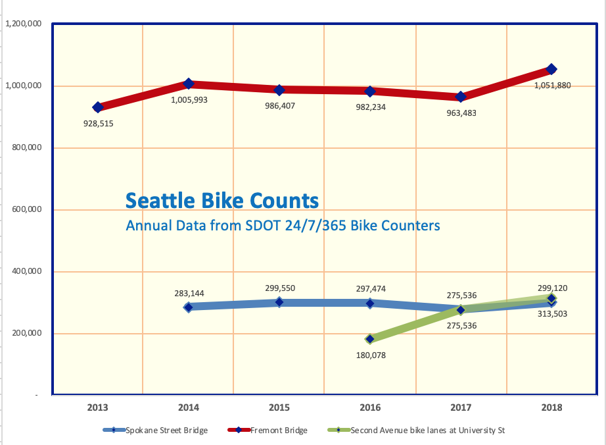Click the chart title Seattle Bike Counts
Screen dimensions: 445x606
[222, 200]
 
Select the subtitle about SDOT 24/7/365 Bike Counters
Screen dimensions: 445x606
[283, 226]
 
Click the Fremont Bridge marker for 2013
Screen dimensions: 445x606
[98, 107]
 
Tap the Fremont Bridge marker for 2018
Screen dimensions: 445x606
[551, 69]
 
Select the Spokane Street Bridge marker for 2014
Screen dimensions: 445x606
[189, 307]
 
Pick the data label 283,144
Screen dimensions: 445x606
[190, 293]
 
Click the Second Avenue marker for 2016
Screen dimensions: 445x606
[370, 339]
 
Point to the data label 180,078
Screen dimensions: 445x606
[371, 355]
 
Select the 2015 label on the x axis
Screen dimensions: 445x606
[279, 407]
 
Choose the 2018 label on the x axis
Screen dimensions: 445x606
[551, 407]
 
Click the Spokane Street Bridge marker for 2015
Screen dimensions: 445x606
[279, 302]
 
